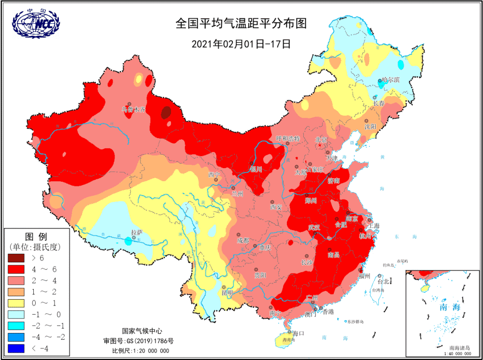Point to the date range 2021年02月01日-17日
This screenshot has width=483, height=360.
(x=241, y=43)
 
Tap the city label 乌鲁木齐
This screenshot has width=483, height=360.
(x=133, y=110)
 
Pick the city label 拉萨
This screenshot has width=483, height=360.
(x=137, y=232)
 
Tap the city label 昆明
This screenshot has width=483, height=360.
(x=227, y=293)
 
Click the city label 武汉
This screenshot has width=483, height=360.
(x=314, y=228)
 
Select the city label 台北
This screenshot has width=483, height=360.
(x=383, y=281)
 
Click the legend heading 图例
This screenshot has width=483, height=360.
(x=36, y=237)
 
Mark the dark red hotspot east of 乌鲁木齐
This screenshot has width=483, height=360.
(x=165, y=113)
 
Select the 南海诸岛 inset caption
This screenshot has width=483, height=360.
(x=459, y=348)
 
